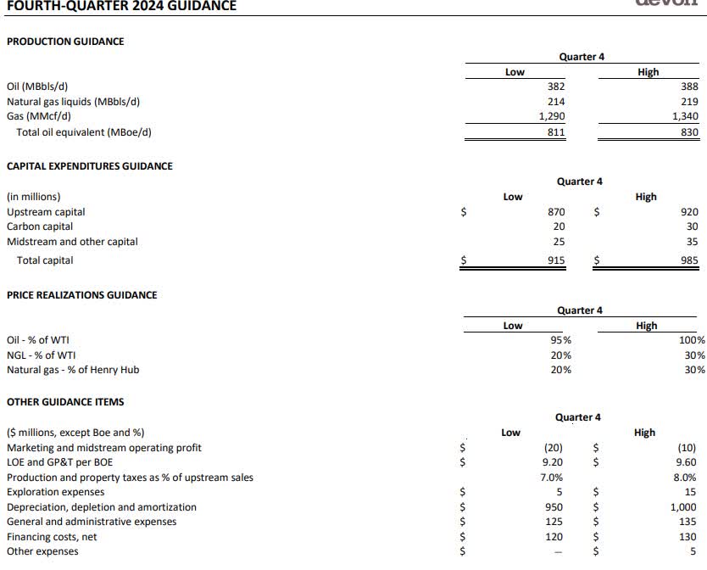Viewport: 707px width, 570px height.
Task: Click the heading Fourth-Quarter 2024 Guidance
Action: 118,6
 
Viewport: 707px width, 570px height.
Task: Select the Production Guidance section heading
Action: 65,41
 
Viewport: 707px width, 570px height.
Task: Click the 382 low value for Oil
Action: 556,87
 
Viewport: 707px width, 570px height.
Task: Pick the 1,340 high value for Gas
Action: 684,117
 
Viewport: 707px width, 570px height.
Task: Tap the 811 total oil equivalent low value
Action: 556,132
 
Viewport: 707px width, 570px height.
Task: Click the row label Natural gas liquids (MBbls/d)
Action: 73,102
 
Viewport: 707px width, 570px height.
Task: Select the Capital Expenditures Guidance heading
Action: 90,166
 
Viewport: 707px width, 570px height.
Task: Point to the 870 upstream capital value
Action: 556,211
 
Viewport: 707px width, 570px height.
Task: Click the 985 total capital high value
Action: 689,260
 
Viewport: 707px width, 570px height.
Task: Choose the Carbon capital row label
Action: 40,226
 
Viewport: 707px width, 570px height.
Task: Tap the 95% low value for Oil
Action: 560,340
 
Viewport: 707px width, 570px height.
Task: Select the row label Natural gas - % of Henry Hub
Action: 73,370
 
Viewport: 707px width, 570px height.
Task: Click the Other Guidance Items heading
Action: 65,402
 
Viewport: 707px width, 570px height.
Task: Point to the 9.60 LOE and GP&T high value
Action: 687,462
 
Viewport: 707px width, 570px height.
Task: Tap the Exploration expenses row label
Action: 56,492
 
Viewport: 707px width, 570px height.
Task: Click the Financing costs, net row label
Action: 52,537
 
